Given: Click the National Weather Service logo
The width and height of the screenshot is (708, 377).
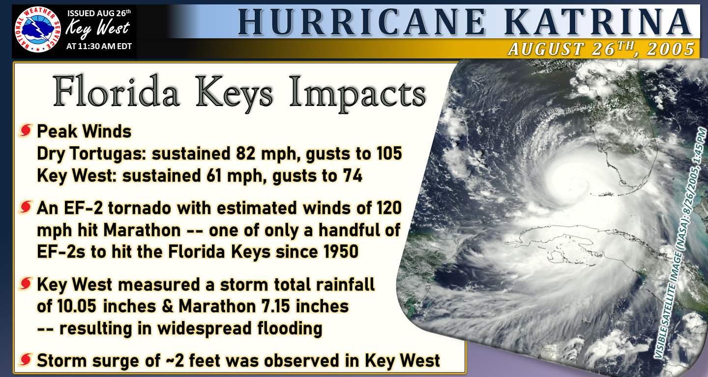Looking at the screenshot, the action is tap(37, 29).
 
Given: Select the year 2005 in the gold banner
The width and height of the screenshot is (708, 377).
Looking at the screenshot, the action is tap(671, 49).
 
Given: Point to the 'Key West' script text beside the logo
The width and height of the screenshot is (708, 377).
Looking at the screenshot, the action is tap(97, 28).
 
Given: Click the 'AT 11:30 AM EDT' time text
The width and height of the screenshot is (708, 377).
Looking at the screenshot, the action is tap(99, 46).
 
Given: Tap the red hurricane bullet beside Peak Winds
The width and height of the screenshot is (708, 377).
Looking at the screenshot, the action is tap(26, 131).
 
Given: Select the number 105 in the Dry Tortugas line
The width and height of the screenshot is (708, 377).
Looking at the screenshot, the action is tap(389, 154).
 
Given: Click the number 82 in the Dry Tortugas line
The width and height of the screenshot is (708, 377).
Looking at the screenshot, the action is tap(246, 154).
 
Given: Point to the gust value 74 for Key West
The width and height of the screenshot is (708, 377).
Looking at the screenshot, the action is tap(353, 175).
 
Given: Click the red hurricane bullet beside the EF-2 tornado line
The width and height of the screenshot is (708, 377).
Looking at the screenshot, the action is tap(26, 207).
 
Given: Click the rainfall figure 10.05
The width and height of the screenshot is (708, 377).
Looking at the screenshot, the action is tap(77, 306).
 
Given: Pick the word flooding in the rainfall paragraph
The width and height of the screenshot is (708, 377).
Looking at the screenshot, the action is tap(290, 329).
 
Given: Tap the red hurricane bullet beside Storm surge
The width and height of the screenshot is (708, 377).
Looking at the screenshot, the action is tap(26, 360).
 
